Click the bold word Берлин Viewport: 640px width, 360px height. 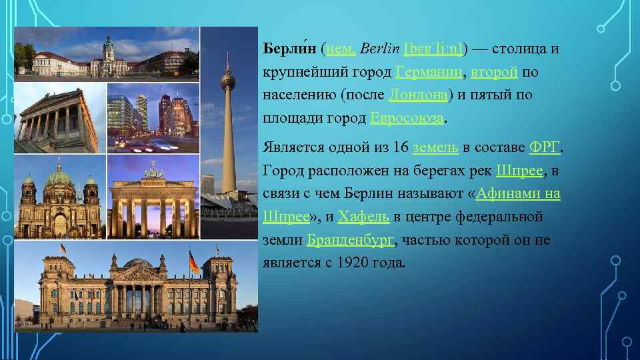pos(289,49)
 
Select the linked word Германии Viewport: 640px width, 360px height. pos(429,72)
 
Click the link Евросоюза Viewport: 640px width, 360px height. pos(407,119)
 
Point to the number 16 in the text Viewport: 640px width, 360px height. pos(400,147)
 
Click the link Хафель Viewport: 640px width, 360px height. pos(365,217)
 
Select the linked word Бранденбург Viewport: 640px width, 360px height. pos(351,240)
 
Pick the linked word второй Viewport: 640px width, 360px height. pos(494,72)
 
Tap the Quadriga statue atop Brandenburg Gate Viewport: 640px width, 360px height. pos(154,173)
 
